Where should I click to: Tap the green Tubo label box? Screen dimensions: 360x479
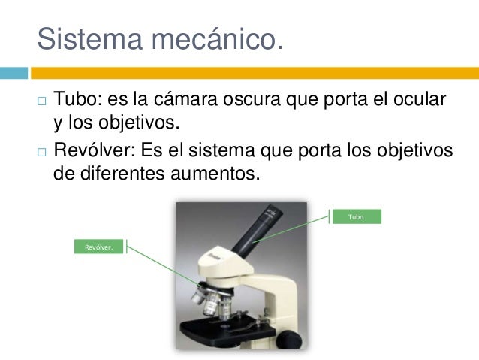(x=357, y=216)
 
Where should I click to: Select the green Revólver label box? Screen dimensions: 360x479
(x=98, y=247)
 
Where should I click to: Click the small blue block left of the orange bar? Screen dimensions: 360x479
(x=14, y=73)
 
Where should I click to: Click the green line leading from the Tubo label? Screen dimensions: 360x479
(x=293, y=228)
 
